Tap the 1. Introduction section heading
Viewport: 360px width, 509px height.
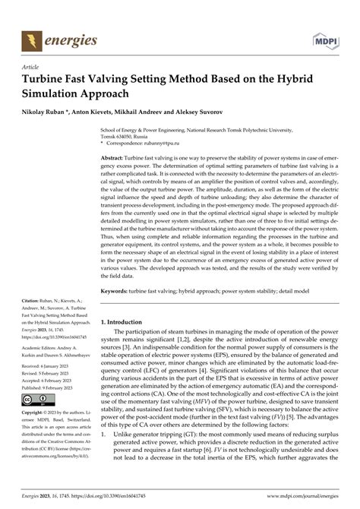pos(131,343)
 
